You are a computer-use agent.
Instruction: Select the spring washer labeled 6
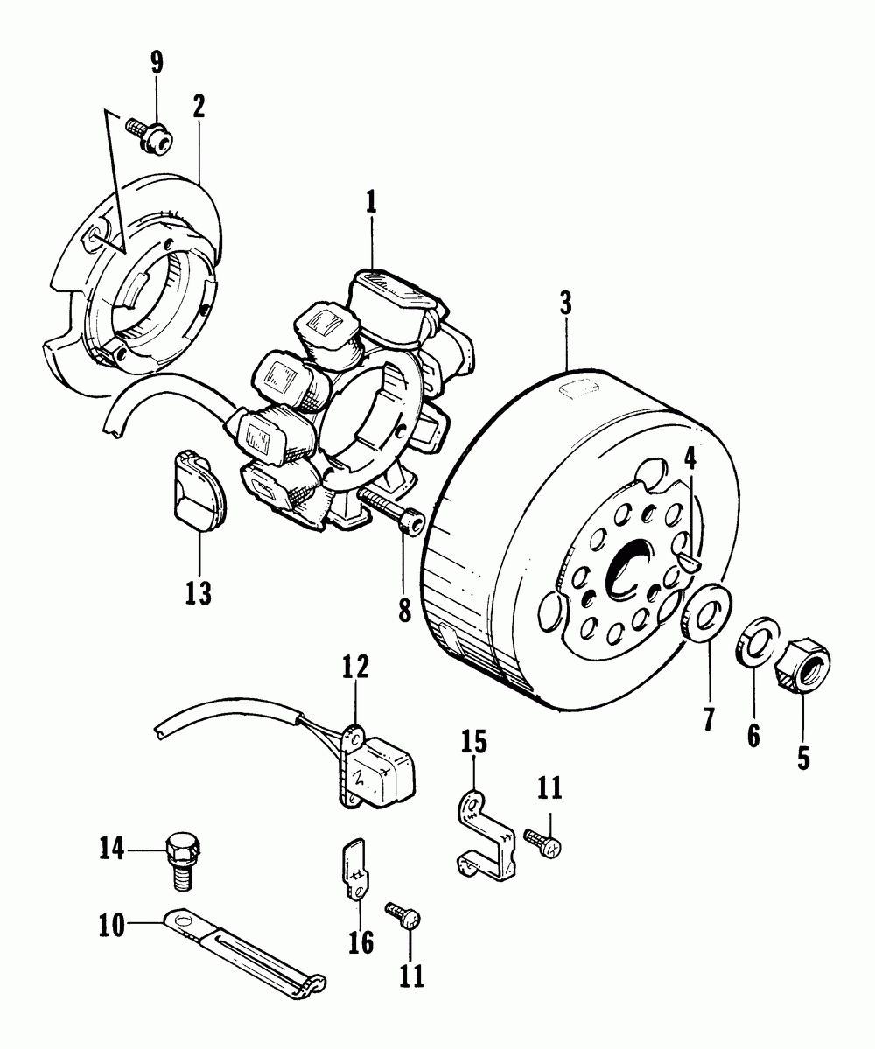(x=758, y=642)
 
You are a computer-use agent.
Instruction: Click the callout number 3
(x=565, y=304)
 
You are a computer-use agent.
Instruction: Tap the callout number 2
(x=199, y=106)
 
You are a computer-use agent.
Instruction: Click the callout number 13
(x=198, y=593)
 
